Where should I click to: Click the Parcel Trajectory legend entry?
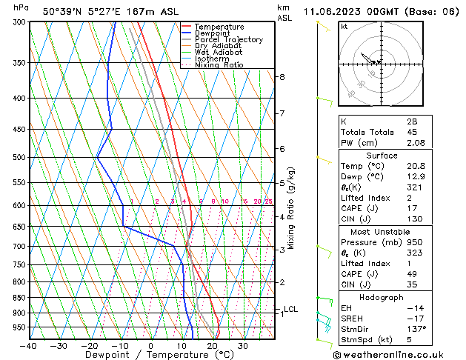point(228,39)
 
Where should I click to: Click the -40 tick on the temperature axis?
point(29,345)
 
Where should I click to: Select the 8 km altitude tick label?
point(282,77)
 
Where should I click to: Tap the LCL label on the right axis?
point(290,310)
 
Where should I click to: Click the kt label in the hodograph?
point(344,27)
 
